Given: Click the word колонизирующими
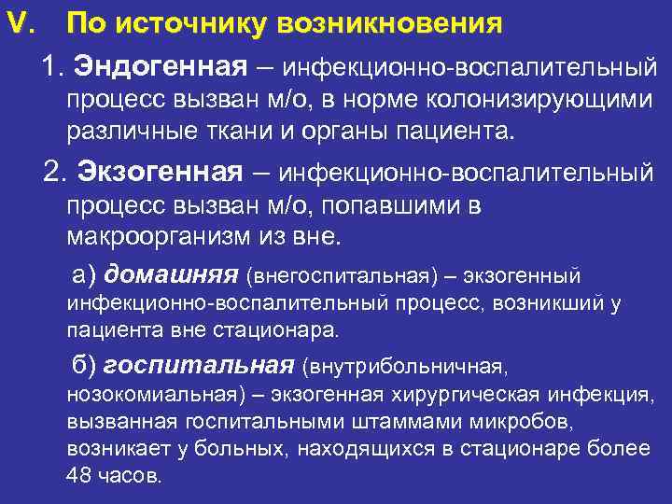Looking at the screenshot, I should click(x=540, y=101).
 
